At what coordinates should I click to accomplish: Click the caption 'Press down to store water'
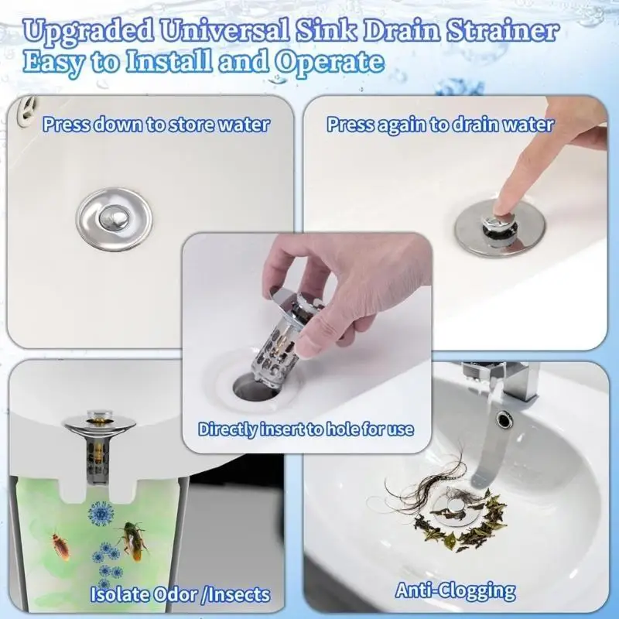click(x=156, y=124)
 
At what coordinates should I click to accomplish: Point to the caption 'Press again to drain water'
click(x=439, y=125)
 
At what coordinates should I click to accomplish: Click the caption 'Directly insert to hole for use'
click(x=306, y=429)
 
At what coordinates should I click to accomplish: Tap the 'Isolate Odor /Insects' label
click(x=180, y=594)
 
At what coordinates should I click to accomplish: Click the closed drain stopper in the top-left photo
click(x=114, y=220)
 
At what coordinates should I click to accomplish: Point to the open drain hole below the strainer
click(x=251, y=386)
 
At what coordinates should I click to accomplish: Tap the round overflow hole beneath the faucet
click(x=504, y=420)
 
